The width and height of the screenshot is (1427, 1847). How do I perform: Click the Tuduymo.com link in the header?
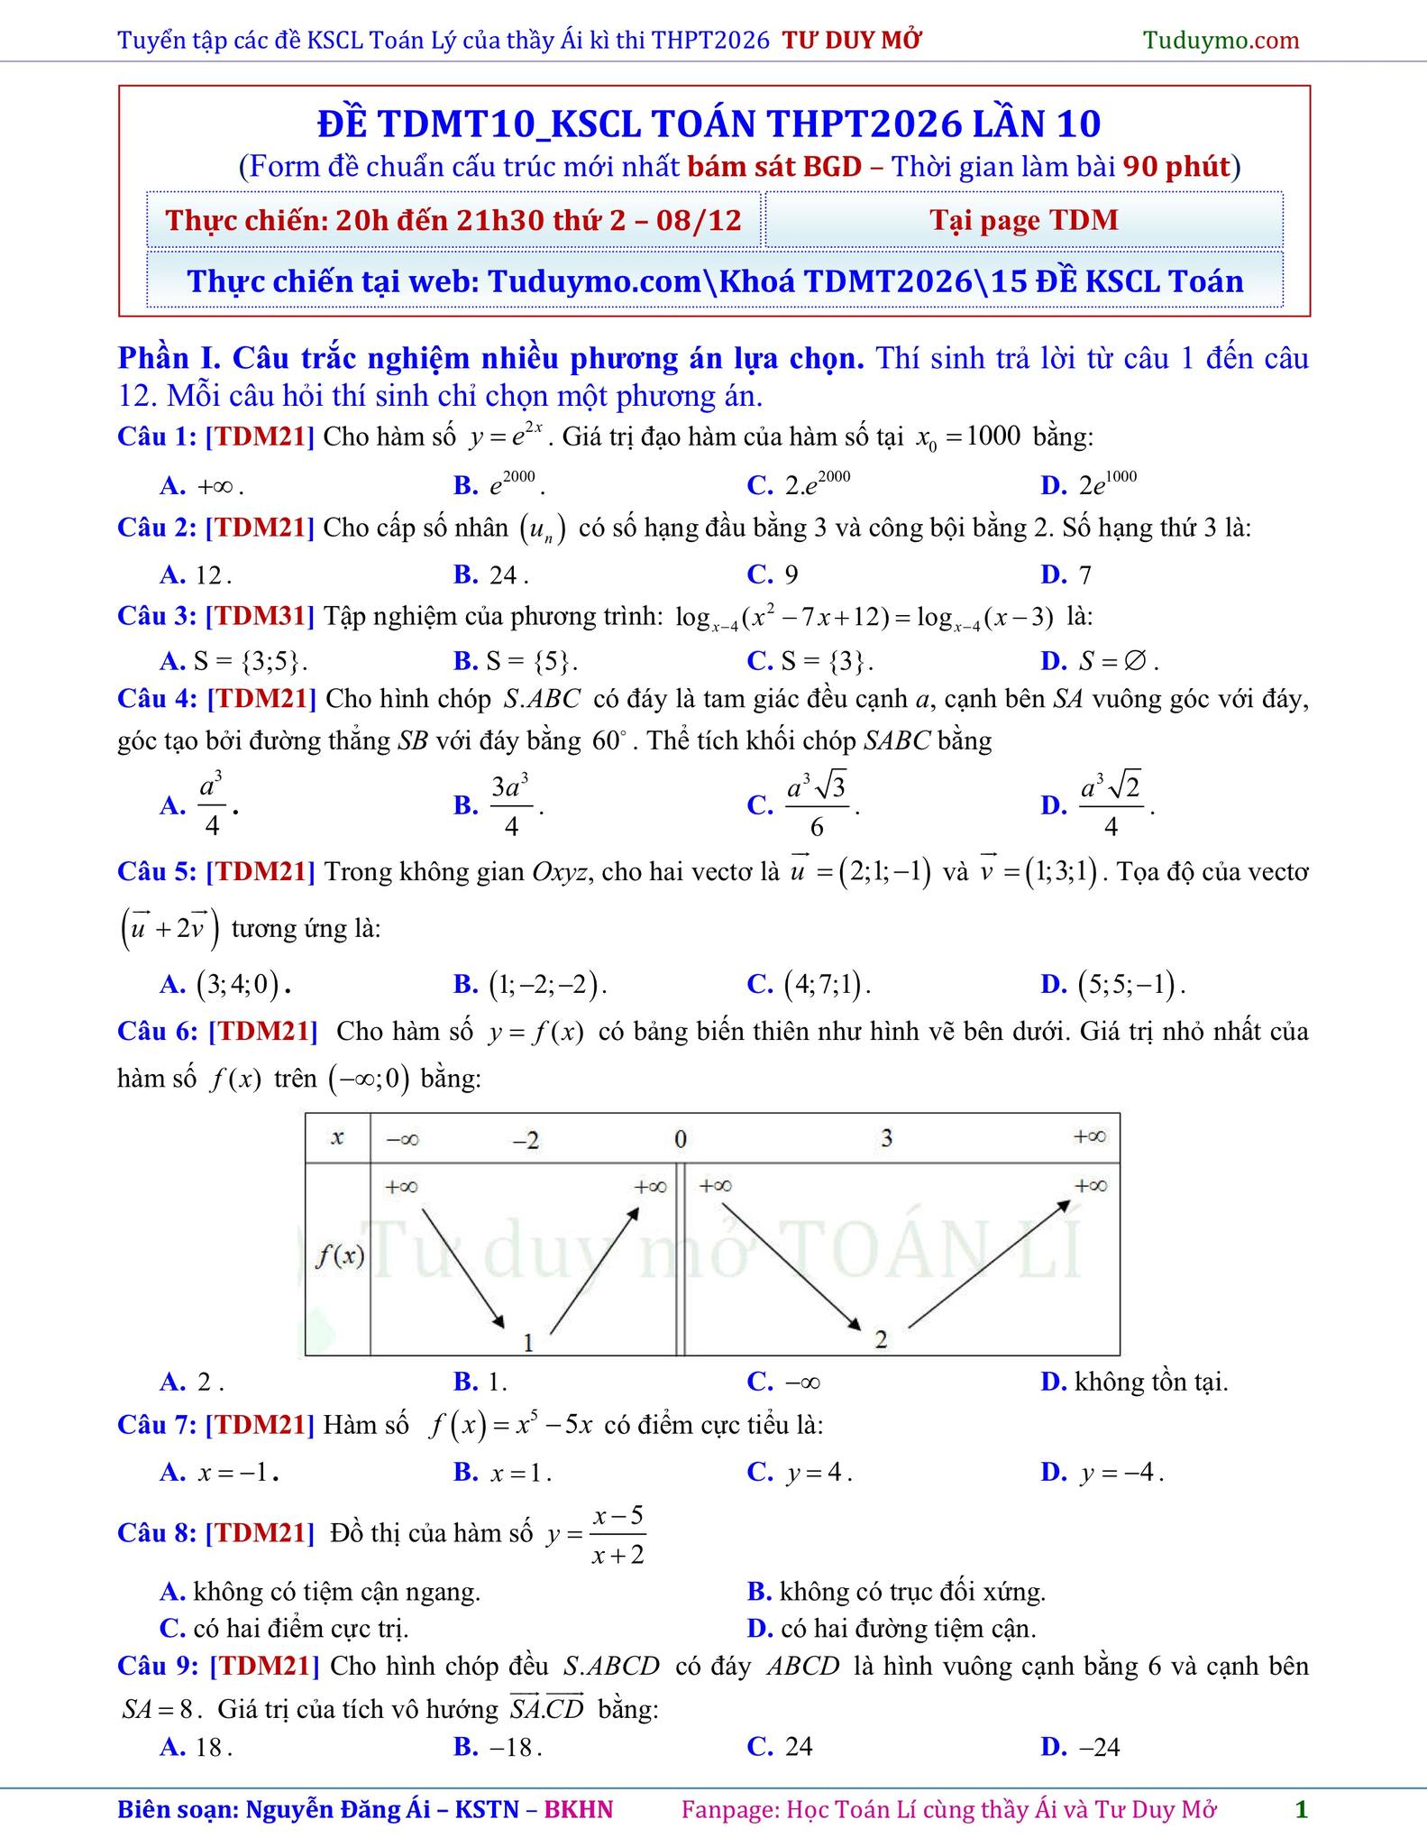tap(1221, 40)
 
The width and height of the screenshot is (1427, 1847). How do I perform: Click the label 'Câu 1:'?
tap(157, 436)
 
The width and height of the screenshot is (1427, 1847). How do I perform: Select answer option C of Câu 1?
tap(801, 484)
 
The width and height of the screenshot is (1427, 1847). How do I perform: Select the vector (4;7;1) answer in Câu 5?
tap(810, 983)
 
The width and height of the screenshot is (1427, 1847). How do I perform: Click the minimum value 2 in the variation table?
tap(881, 1339)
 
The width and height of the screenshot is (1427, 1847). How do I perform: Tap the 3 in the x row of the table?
tap(886, 1138)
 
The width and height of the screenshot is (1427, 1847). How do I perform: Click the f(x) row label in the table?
tap(339, 1256)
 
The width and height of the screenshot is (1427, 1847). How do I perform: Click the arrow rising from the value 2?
tap(989, 1263)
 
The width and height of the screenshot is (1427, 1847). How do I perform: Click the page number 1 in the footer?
tap(1301, 1809)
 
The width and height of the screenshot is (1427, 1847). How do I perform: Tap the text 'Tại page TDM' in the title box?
tap(1024, 220)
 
